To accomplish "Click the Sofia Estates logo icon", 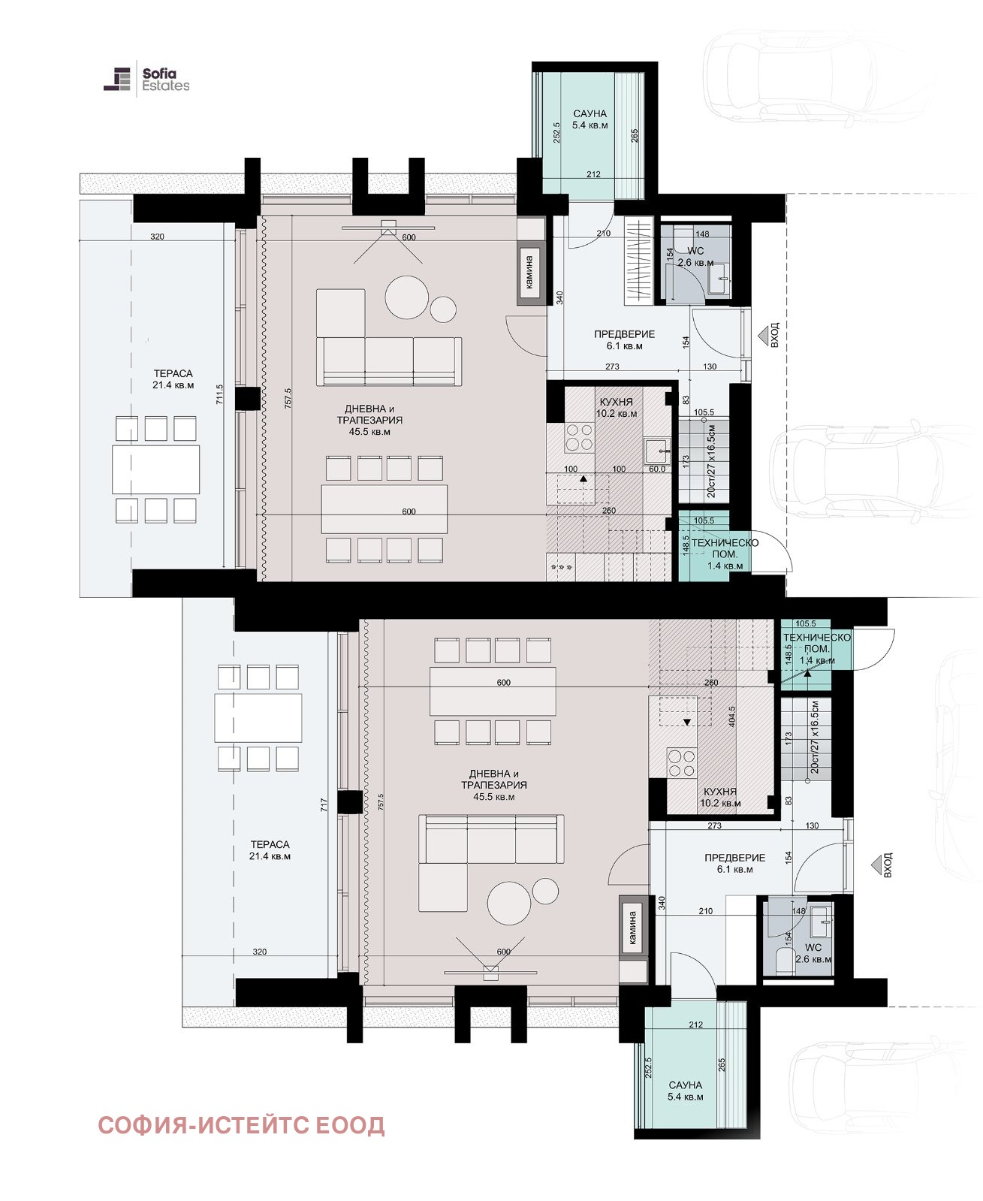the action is pyautogui.click(x=117, y=79).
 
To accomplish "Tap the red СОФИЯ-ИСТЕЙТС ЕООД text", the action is pyautogui.click(x=241, y=1125).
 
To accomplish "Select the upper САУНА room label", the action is pyautogui.click(x=589, y=119).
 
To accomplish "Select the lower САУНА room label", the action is pyautogui.click(x=685, y=1091).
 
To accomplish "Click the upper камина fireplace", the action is pyautogui.click(x=531, y=273).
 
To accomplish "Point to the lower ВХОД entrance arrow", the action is pyautogui.click(x=877, y=866).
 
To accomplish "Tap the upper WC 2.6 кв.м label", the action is pyautogui.click(x=695, y=257).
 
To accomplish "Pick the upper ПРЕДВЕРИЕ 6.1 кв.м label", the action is pyautogui.click(x=624, y=340).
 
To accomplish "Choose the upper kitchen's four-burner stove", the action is pyautogui.click(x=579, y=437).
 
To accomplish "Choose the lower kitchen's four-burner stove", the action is pyautogui.click(x=682, y=763).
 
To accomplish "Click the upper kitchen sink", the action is pyautogui.click(x=658, y=451).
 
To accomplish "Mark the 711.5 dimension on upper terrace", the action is pyautogui.click(x=220, y=394).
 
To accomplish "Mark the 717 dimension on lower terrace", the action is pyautogui.click(x=324, y=804).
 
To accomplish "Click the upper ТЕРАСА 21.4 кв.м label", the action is pyautogui.click(x=173, y=379).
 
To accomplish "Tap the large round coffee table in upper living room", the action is pyautogui.click(x=406, y=297).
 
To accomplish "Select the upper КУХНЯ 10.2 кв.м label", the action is pyautogui.click(x=617, y=408).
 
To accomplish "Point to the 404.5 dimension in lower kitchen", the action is pyautogui.click(x=732, y=717).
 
